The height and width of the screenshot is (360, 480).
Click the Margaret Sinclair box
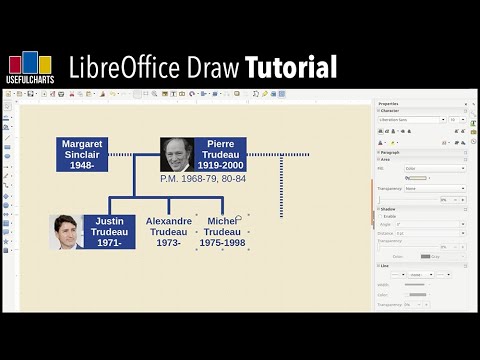81,154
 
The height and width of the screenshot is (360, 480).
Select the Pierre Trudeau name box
220,154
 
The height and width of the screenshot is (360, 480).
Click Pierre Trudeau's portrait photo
177,154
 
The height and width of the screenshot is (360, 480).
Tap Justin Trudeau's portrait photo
66,232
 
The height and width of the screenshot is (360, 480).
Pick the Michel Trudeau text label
221,232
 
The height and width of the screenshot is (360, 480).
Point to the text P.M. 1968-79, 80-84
202,178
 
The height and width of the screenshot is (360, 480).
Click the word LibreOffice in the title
126,67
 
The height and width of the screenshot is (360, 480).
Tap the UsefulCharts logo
30,67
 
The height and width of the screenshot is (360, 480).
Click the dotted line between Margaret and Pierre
133,155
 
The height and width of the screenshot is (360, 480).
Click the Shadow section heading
389,208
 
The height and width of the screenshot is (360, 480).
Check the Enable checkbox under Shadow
381,216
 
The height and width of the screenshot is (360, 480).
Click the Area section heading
386,159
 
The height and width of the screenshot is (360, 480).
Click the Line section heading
385,266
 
